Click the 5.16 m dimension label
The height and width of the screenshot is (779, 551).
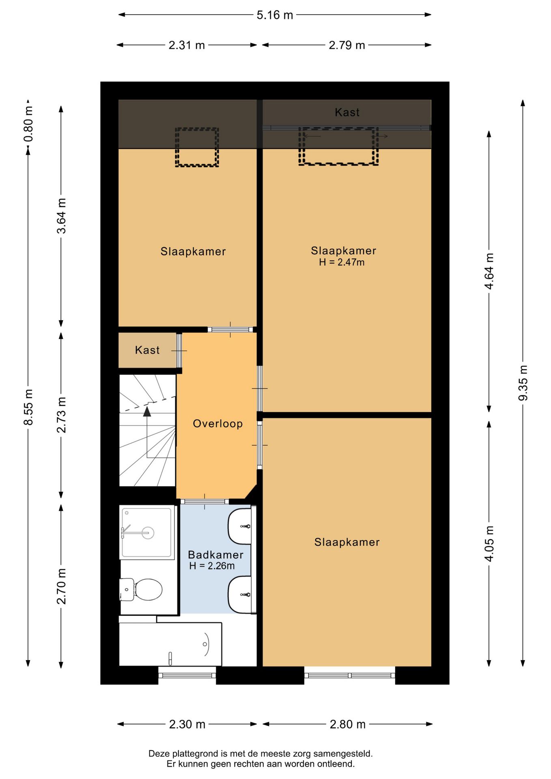tap(275, 15)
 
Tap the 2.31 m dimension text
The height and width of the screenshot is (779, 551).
tap(187, 45)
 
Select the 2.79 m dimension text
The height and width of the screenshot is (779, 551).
tap(347, 45)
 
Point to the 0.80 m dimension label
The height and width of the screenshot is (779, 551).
tap(28, 124)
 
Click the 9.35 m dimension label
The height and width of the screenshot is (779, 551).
tap(523, 383)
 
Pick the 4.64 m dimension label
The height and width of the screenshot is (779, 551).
tap(489, 271)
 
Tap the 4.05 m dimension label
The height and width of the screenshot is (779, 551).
tap(489, 544)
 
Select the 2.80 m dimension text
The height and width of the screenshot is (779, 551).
tap(348, 724)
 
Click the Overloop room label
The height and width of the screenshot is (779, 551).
tap(218, 424)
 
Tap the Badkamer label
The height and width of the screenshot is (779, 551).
tap(216, 555)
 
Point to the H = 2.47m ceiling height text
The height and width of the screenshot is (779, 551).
tap(342, 262)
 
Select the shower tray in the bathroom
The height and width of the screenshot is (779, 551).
tap(147, 532)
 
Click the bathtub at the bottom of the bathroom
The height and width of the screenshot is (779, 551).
tap(170, 644)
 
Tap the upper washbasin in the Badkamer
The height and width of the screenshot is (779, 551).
tap(240, 526)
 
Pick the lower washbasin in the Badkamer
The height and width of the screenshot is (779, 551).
tap(240, 595)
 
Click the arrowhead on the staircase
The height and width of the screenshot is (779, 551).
tap(147, 411)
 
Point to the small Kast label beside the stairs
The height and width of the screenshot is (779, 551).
tap(147, 350)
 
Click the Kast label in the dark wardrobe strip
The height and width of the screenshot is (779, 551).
tap(347, 112)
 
